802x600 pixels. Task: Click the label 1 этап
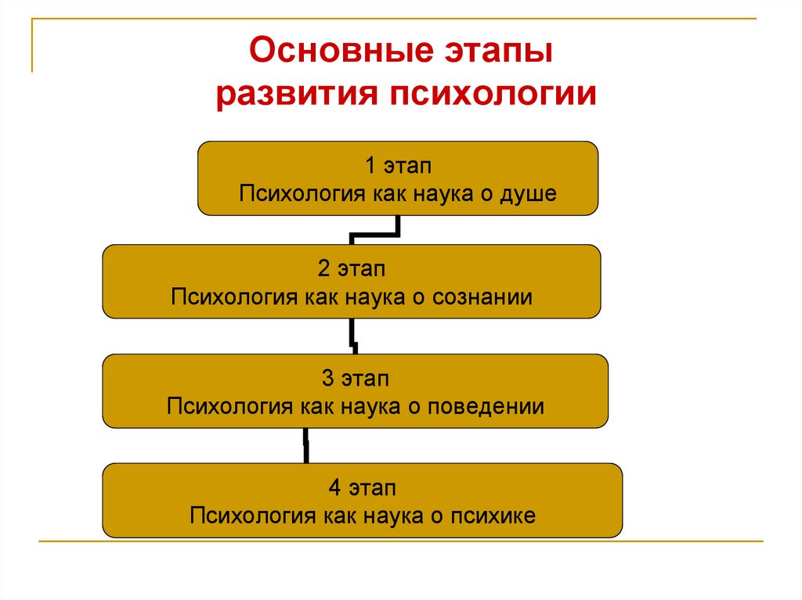pos(398,166)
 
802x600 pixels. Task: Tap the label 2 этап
pos(352,269)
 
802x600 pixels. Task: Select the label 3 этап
pos(355,379)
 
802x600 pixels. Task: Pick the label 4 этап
pos(362,489)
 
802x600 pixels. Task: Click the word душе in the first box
pos(528,193)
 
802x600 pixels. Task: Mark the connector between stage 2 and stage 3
pos(354,336)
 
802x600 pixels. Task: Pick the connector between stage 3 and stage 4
pos(305,446)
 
